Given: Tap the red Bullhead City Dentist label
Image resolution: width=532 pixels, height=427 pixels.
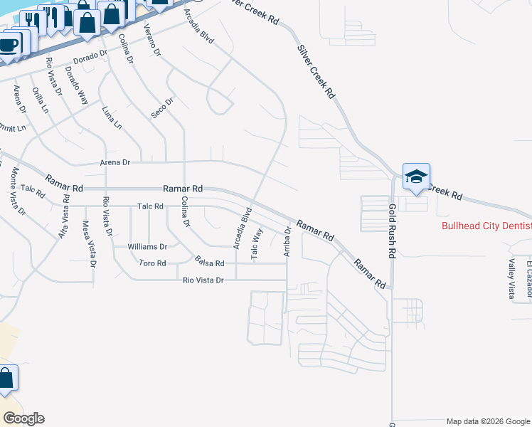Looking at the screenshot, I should click(x=486, y=226).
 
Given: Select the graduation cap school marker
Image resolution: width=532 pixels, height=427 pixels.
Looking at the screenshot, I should click(x=416, y=176).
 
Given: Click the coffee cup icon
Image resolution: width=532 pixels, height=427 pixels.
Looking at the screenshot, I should click(x=8, y=46).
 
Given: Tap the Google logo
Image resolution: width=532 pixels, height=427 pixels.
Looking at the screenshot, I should click(x=23, y=418).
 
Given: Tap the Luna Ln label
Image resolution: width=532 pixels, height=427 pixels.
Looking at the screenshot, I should click(x=112, y=118).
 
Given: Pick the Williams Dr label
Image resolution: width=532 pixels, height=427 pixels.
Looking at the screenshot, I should click(x=147, y=247).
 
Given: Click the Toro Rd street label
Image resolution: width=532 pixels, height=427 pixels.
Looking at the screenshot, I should click(x=152, y=263).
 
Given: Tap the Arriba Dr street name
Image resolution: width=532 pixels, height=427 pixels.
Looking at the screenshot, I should click(x=287, y=241).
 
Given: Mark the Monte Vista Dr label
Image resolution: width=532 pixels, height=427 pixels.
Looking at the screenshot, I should click(x=18, y=191).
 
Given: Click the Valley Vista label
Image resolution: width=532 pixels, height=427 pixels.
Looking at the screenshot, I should click(x=511, y=279).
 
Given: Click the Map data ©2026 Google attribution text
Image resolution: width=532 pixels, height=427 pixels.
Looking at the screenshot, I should click(x=488, y=421).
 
